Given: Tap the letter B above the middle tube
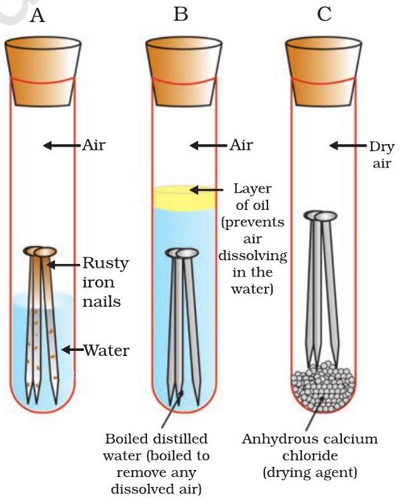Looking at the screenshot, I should tap(181, 15).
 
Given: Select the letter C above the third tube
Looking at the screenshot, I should tap(324, 15).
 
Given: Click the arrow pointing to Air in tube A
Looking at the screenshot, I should tap(60, 146).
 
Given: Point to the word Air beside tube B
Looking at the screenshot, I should tap(240, 146).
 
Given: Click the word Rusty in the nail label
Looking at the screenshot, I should tap(106, 263).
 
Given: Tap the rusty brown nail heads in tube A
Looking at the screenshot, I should tap(39, 251).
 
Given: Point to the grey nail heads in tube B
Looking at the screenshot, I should tap(180, 253).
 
